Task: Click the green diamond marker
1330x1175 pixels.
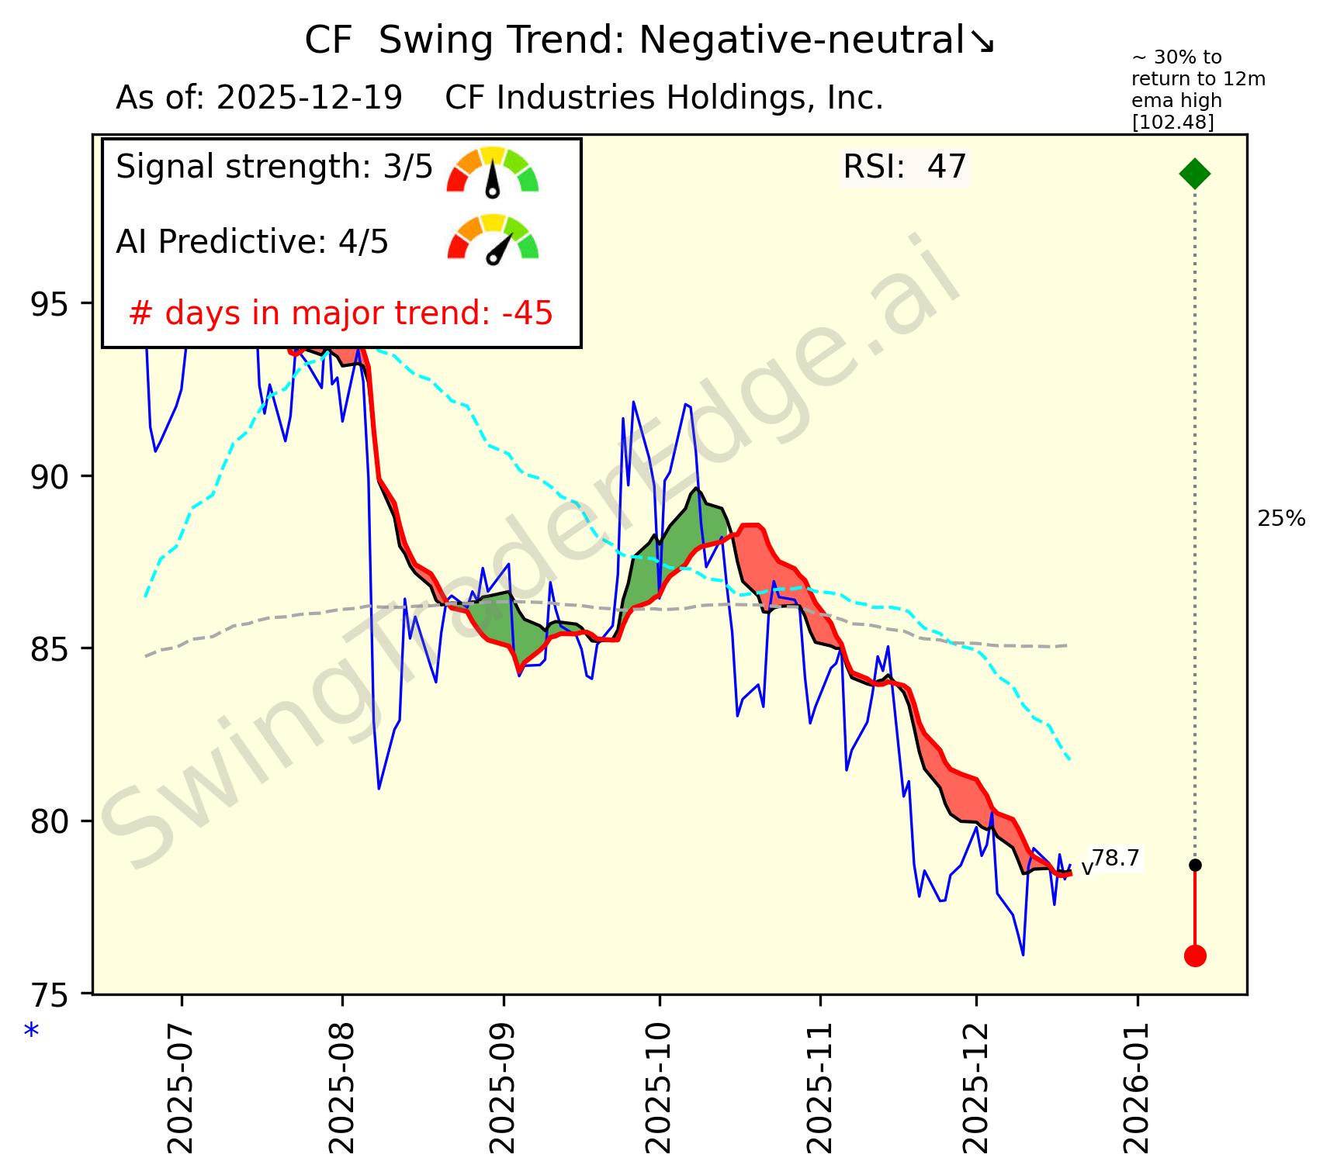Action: point(1194,173)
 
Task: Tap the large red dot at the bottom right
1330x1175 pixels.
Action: point(1195,956)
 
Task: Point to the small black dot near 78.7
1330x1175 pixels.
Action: point(1195,865)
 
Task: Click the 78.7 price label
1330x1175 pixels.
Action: point(1116,859)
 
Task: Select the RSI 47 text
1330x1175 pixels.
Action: point(905,167)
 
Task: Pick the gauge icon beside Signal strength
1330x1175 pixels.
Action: point(493,171)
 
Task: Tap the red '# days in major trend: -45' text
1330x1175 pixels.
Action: point(341,313)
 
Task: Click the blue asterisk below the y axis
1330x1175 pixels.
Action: point(32,1032)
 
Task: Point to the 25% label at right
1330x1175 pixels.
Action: point(1281,520)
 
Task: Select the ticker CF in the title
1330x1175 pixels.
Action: point(328,40)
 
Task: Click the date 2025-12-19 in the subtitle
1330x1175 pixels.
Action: point(310,98)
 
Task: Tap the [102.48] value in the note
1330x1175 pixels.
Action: point(1173,123)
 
